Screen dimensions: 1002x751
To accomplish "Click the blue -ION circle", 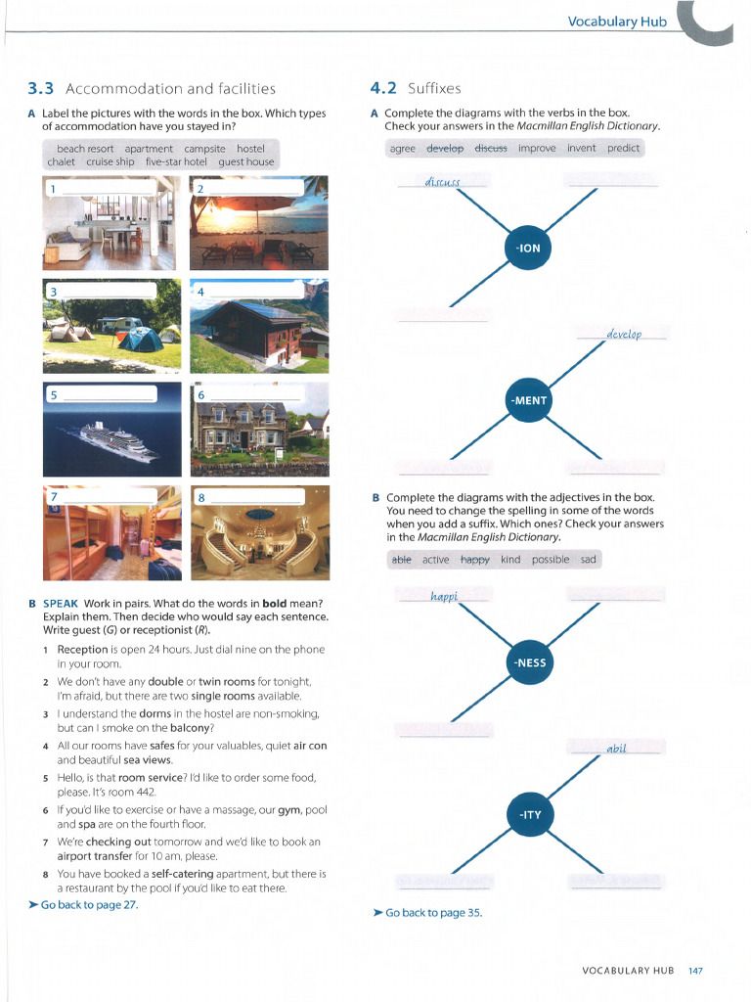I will [x=528, y=248].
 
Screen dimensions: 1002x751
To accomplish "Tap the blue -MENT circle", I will [x=528, y=400].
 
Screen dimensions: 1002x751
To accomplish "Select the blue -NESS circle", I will [x=529, y=663].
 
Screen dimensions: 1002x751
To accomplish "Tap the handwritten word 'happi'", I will [x=443, y=595].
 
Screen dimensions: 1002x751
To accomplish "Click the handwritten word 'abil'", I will [x=616, y=748].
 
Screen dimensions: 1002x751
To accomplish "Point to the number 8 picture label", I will [x=201, y=497].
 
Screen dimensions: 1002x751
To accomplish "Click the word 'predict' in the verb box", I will [x=623, y=148].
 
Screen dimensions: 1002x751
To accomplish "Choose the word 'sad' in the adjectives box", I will [x=588, y=560].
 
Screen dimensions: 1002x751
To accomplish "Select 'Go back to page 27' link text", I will [x=89, y=904].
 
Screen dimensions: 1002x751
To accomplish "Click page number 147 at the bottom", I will [x=695, y=970].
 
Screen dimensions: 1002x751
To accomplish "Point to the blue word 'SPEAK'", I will [x=61, y=602].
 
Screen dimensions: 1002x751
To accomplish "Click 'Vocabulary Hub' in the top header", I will [x=617, y=22].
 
